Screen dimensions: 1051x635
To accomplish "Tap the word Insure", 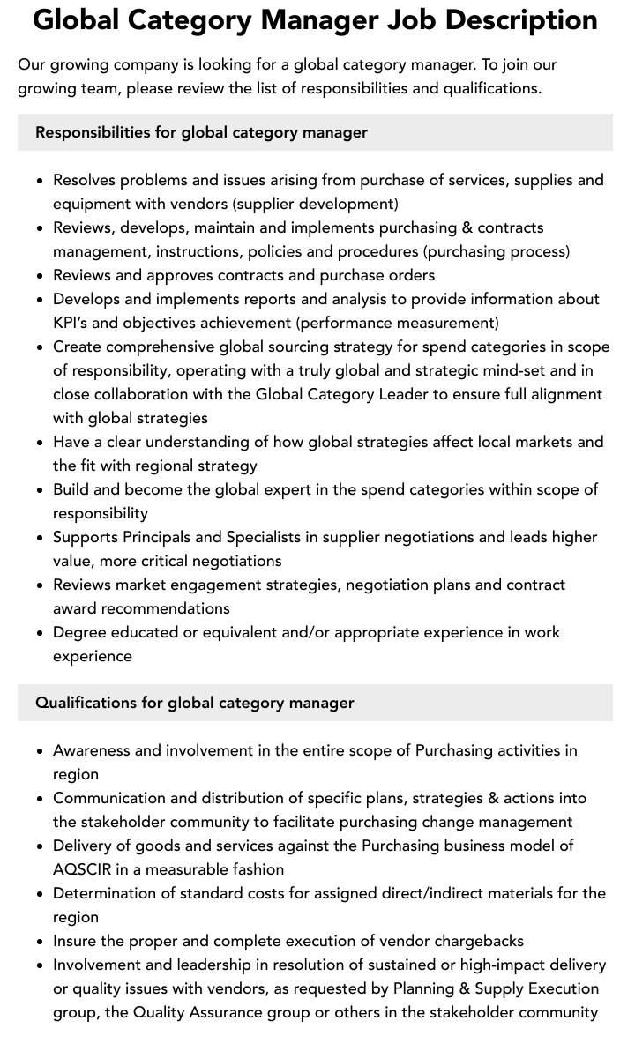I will click(x=77, y=941).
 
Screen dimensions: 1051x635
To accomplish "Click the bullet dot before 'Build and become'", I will click(x=40, y=490).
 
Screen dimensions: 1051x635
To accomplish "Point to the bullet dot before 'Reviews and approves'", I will click(x=40, y=276).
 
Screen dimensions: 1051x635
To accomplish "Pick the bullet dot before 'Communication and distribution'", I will click(x=40, y=799).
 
